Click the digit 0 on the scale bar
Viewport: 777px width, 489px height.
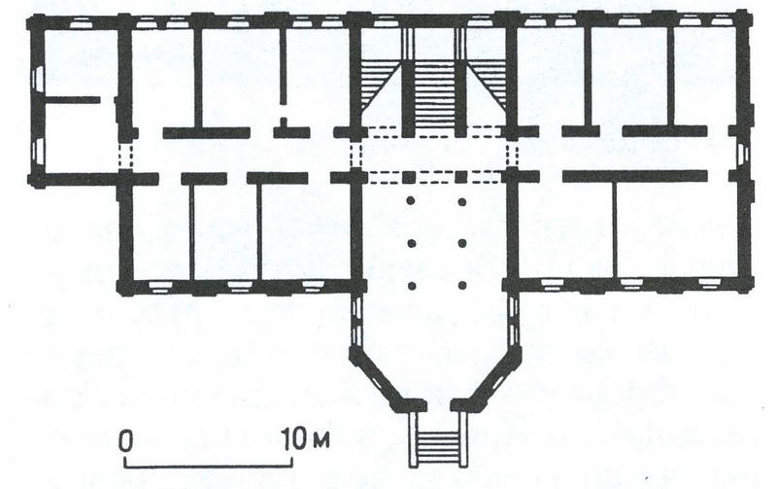pos(126,441)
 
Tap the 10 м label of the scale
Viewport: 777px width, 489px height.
pos(306,439)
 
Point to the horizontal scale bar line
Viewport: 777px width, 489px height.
pos(208,466)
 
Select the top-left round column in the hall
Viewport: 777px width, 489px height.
pos(410,201)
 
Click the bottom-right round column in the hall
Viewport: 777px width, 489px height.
pos(462,285)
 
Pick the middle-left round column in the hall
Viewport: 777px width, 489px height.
pos(410,243)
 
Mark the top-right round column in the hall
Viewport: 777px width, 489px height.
pos(462,201)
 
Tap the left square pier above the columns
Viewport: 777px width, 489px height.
pos(408,177)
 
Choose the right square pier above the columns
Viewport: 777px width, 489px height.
pos(461,177)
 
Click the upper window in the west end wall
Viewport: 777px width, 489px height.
pos(39,80)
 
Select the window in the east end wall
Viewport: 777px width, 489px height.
pos(743,153)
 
